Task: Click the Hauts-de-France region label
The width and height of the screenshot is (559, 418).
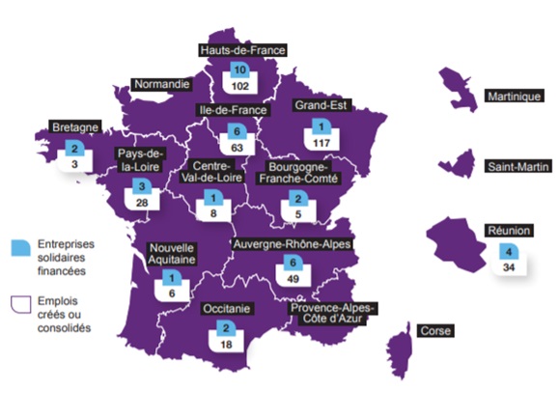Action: coord(242,49)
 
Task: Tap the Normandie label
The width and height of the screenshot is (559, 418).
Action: coord(161,84)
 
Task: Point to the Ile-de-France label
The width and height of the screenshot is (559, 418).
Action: coord(232,109)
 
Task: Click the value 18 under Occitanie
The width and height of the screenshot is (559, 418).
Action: coord(225,343)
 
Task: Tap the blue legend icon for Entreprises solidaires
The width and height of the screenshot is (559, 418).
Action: coord(19,246)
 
